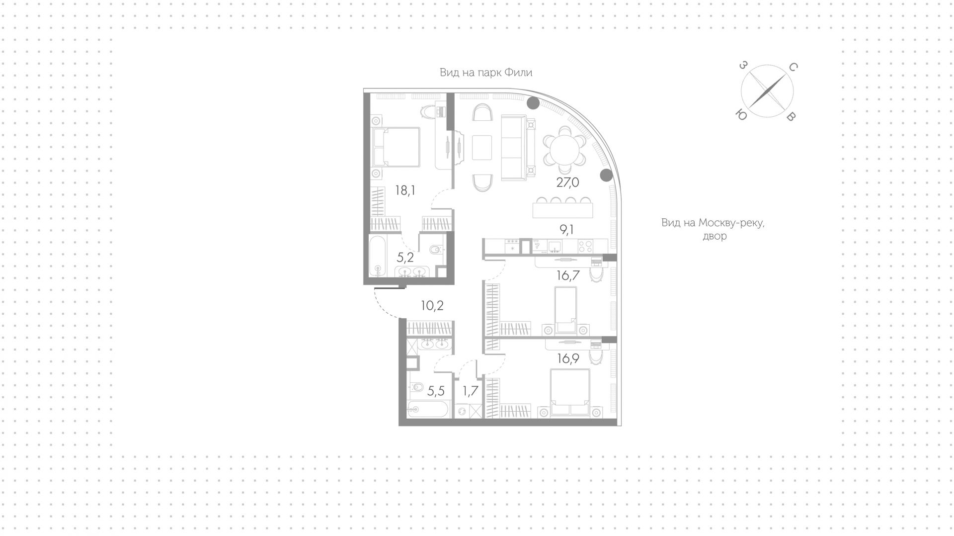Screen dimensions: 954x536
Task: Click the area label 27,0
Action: [x=567, y=182]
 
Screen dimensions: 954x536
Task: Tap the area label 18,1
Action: [x=405, y=190]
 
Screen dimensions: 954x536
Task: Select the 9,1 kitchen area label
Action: [x=567, y=230]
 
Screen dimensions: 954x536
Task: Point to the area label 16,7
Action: [x=568, y=275]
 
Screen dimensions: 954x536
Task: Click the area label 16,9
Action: [x=568, y=358]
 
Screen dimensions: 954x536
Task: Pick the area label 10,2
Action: [x=432, y=305]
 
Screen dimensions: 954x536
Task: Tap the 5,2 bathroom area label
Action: [x=405, y=257]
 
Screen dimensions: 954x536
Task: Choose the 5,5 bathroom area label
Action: [x=436, y=391]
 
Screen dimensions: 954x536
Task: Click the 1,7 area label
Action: [x=470, y=391]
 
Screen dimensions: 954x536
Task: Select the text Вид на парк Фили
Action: [x=486, y=73]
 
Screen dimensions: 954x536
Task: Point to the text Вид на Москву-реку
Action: [x=713, y=223]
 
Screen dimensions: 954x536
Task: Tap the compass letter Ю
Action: [x=741, y=115]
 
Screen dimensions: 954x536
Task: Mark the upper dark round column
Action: [x=533, y=103]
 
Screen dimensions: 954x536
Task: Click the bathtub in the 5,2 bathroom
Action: [x=378, y=256]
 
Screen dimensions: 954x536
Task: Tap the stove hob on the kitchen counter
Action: [x=585, y=245]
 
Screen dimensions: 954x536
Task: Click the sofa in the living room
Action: [x=519, y=148]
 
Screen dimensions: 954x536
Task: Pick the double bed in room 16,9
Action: [x=569, y=393]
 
